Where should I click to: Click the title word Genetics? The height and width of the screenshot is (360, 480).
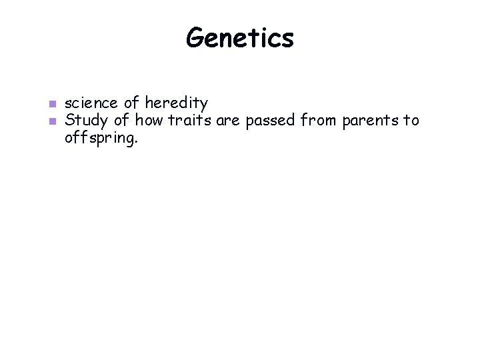239,39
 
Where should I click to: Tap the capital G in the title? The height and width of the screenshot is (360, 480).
195,38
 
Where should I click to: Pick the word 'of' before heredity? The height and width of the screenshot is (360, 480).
132,103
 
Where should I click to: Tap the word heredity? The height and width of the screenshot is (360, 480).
177,104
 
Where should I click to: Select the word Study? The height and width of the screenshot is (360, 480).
83,121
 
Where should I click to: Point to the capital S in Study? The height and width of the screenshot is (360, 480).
69,121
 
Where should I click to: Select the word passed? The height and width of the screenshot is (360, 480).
272,121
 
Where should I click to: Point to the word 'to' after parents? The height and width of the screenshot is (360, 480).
411,121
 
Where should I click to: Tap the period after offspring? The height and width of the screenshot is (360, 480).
136,141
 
